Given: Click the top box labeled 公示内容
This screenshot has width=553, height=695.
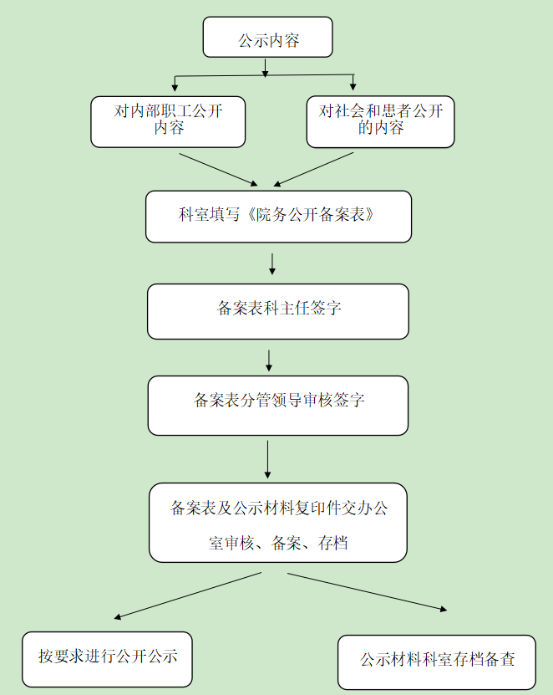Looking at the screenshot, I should click(267, 38).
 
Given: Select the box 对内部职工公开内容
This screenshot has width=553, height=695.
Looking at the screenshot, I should click(168, 121).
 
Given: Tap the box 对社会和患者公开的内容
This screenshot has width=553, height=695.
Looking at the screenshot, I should click(381, 121).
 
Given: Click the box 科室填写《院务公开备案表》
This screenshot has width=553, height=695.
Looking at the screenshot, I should click(278, 216).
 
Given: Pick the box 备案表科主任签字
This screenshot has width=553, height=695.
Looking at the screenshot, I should click(278, 310).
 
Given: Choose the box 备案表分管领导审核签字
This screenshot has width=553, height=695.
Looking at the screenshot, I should click(278, 404).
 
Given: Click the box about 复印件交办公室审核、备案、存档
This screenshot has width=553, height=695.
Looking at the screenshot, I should click(278, 522).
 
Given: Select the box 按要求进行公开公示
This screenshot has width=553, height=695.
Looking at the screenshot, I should click(108, 657).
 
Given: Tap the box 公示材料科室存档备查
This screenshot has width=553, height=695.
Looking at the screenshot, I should click(437, 661).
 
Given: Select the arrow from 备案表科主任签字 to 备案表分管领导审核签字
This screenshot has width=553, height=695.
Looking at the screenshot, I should click(269, 359).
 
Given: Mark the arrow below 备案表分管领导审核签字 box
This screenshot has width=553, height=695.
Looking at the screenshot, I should click(268, 458).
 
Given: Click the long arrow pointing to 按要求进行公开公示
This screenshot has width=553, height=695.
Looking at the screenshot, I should click(188, 595).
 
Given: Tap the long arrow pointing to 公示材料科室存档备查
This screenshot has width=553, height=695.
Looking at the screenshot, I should click(368, 591).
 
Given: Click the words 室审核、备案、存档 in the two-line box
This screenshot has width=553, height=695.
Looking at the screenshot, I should click(278, 544).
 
